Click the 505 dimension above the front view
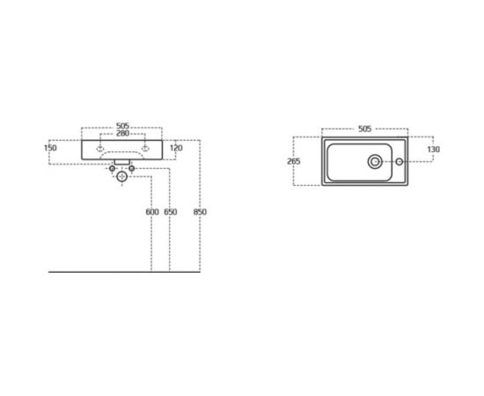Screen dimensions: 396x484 coord(123,126)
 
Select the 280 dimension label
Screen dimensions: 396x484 coord(123,134)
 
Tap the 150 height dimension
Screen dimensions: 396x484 coord(50,148)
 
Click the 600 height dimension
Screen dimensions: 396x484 coord(151,212)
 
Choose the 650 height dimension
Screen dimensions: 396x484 coord(170,212)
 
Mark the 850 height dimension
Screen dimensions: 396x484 coord(202,212)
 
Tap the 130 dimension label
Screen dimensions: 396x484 coord(433,150)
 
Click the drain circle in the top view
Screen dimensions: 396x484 coord(376,161)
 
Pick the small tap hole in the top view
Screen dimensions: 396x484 coord(398,161)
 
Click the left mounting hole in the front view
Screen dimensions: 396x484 coord(99,147)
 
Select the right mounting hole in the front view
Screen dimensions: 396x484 coord(145,147)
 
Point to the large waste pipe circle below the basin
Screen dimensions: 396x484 coord(122,178)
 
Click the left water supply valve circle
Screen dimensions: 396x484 coord(113,168)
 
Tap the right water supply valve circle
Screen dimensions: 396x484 coord(132,168)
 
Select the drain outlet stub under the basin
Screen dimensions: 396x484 coord(122,164)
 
